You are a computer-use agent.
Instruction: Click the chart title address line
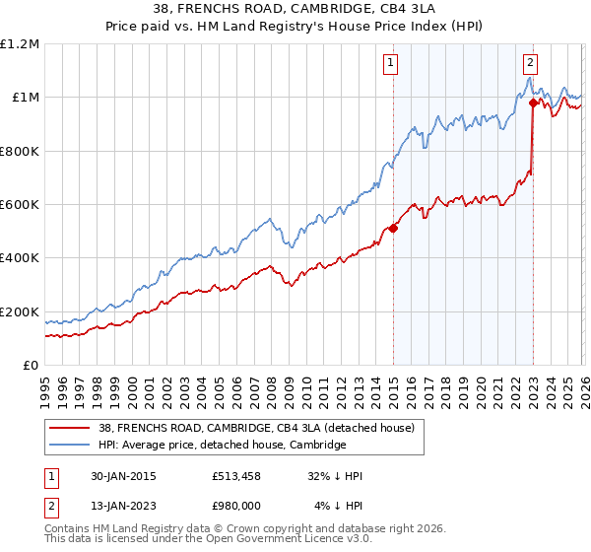tap(295, 9)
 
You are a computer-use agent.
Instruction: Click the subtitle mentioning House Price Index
tap(295, 27)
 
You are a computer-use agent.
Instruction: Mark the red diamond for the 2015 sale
tap(393, 228)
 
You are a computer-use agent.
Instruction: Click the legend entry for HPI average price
tap(222, 446)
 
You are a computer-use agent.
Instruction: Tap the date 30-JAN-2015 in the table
tap(122, 475)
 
